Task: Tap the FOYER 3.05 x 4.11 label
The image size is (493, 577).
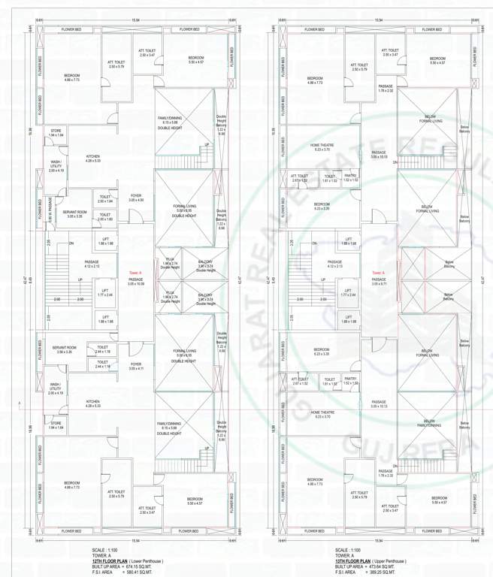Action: point(136,367)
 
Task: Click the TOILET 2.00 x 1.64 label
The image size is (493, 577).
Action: point(105,200)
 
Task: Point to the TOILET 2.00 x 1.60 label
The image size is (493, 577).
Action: point(105,218)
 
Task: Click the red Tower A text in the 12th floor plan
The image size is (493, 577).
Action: point(135,272)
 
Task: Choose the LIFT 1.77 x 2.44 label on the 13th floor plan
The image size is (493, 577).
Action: point(347,295)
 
